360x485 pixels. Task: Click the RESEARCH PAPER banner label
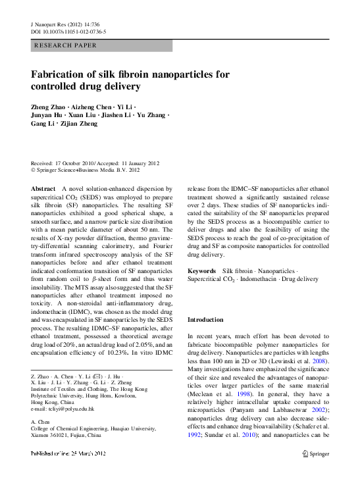(64, 45)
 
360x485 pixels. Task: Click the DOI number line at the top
(69, 32)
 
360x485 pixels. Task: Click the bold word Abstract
(43, 188)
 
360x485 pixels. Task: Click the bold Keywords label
(201, 271)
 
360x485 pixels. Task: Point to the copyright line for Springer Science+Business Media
(86, 170)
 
